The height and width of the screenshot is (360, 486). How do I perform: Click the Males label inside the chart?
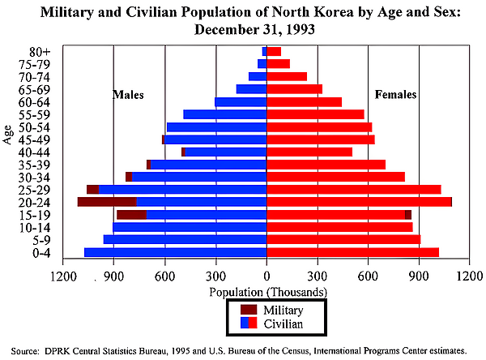tap(128, 95)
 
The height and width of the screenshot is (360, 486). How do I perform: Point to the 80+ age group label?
tap(38, 51)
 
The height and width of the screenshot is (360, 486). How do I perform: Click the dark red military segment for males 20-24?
tap(107, 202)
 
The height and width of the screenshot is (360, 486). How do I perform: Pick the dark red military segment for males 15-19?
tap(131, 214)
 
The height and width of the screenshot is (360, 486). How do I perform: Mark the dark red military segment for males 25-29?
tap(92, 189)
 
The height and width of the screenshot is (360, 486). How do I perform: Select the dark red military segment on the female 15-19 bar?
tap(408, 214)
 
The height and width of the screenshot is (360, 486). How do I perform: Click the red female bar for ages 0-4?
tap(352, 252)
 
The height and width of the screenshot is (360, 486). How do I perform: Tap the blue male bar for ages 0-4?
tap(175, 252)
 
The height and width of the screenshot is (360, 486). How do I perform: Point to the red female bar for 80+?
tap(274, 51)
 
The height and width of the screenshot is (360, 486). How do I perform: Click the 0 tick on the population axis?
tap(266, 275)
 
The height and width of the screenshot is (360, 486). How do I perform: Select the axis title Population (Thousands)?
tap(267, 291)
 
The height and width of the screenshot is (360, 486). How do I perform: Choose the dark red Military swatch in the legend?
tap(249, 310)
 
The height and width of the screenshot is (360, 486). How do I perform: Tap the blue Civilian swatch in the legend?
tap(245, 323)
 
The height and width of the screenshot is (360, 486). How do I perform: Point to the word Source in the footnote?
tap(23, 351)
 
